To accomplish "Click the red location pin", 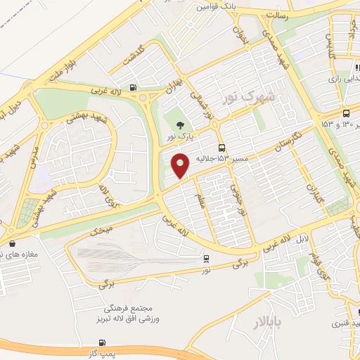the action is click(x=181, y=165).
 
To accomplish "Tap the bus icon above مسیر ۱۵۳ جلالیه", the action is click(x=222, y=148).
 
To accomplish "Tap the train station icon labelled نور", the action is click(x=206, y=258).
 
